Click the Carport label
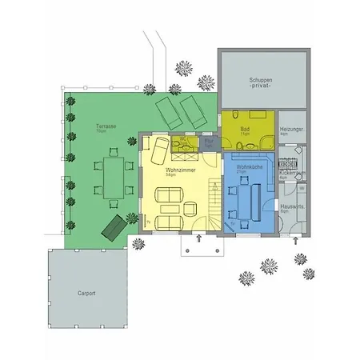(x=86, y=294)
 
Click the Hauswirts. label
(x=292, y=206)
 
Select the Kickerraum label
(x=290, y=173)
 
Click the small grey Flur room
(x=210, y=142)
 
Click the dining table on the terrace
(x=111, y=177)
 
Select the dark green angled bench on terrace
(x=112, y=226)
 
